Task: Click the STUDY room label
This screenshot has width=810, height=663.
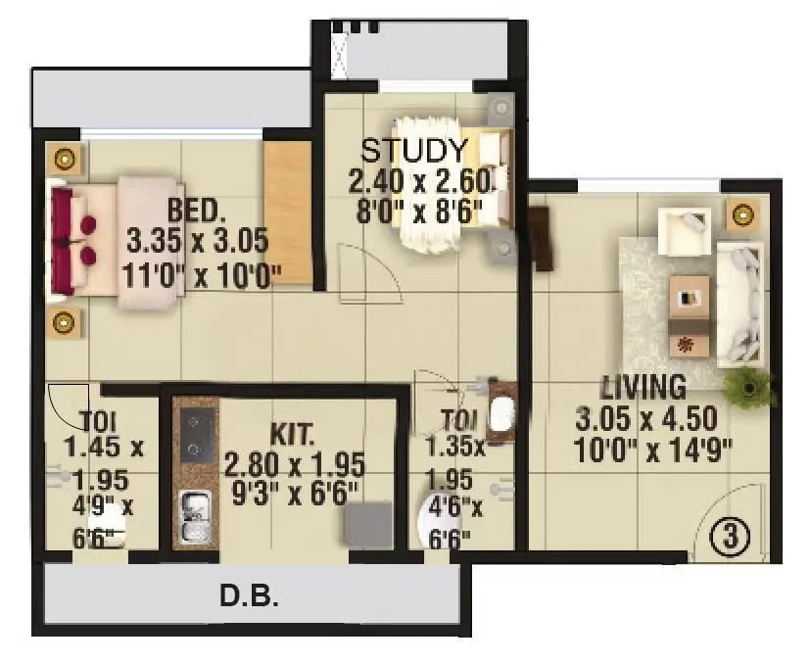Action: click(414, 152)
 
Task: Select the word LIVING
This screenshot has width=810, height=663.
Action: click(643, 384)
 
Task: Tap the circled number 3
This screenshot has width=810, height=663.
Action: click(736, 538)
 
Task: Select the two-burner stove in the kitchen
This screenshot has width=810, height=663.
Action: click(199, 434)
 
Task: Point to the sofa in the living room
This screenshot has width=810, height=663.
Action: click(741, 304)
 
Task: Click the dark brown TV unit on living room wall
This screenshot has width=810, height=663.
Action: click(540, 238)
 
